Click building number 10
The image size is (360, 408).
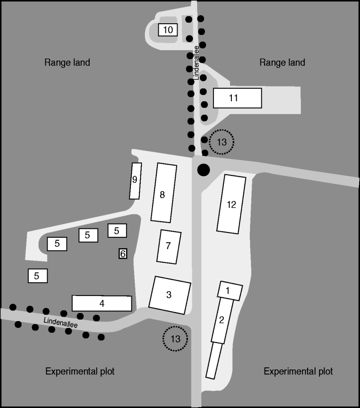click(x=168, y=30)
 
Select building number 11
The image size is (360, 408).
click(x=237, y=98)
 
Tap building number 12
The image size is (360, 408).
click(x=231, y=204)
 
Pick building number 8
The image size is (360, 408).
click(x=164, y=193)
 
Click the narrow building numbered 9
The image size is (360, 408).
click(x=135, y=181)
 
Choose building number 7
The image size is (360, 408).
click(x=169, y=247)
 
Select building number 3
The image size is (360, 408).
click(x=169, y=295)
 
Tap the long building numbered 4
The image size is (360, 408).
click(x=102, y=303)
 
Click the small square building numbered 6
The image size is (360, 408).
click(x=123, y=253)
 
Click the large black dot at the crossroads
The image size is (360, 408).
click(x=204, y=170)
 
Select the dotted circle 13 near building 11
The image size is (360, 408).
click(x=221, y=142)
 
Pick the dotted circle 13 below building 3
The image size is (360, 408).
click(x=175, y=339)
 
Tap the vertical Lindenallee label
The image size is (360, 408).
click(x=196, y=63)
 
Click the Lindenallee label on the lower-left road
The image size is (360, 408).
click(x=61, y=322)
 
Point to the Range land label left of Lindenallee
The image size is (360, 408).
click(x=67, y=62)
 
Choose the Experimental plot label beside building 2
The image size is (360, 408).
click(x=298, y=371)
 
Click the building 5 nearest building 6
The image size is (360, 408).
click(x=117, y=231)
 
